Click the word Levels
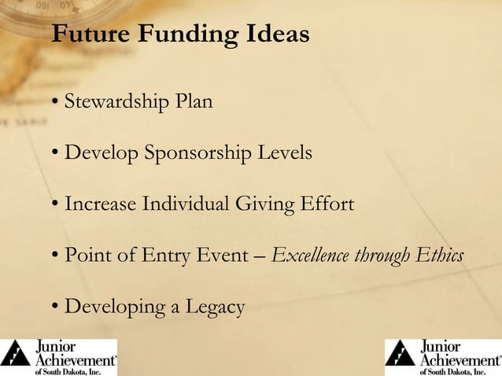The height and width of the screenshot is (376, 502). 287,153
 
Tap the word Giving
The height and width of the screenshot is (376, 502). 265,205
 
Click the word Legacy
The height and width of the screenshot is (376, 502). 213,307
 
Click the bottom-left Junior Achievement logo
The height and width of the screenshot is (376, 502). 59,357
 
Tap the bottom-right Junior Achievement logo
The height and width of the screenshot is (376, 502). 443,357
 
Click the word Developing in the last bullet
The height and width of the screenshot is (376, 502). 113,307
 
